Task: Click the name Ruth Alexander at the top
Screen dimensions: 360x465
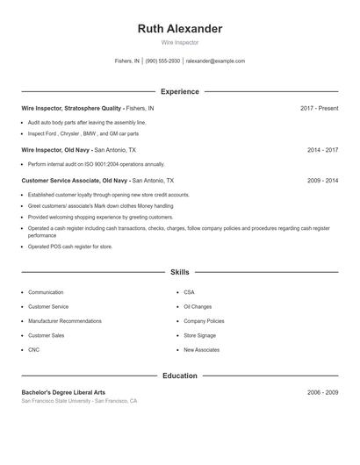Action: click(x=180, y=29)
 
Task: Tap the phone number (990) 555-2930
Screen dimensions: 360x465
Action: click(x=162, y=61)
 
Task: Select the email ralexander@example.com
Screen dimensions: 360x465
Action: click(x=215, y=61)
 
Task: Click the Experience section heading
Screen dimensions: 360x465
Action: click(x=180, y=91)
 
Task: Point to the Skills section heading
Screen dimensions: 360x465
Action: click(x=180, y=273)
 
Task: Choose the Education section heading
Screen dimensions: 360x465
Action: click(x=180, y=376)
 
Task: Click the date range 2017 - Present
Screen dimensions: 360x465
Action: click(x=319, y=108)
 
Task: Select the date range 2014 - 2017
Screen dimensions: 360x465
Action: click(x=322, y=150)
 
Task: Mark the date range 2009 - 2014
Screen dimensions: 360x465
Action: click(x=322, y=180)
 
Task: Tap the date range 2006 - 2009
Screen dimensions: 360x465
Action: click(x=322, y=392)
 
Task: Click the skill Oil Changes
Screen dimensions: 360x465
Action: click(x=198, y=307)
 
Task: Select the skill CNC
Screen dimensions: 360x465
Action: click(x=33, y=350)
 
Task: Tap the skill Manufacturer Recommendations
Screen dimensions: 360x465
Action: click(x=64, y=321)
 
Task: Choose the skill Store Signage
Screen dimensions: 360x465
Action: click(x=199, y=335)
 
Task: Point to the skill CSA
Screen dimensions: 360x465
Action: click(x=189, y=292)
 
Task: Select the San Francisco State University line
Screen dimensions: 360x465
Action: click(x=79, y=401)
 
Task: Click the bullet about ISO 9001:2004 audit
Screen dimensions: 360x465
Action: click(x=96, y=164)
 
